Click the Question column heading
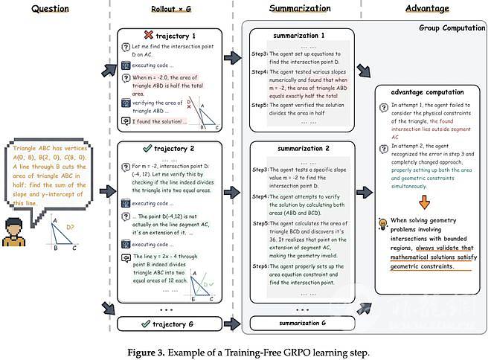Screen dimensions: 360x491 51,8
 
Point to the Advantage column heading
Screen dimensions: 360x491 426,8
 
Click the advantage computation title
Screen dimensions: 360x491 422,91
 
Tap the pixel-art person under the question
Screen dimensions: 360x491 15,231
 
